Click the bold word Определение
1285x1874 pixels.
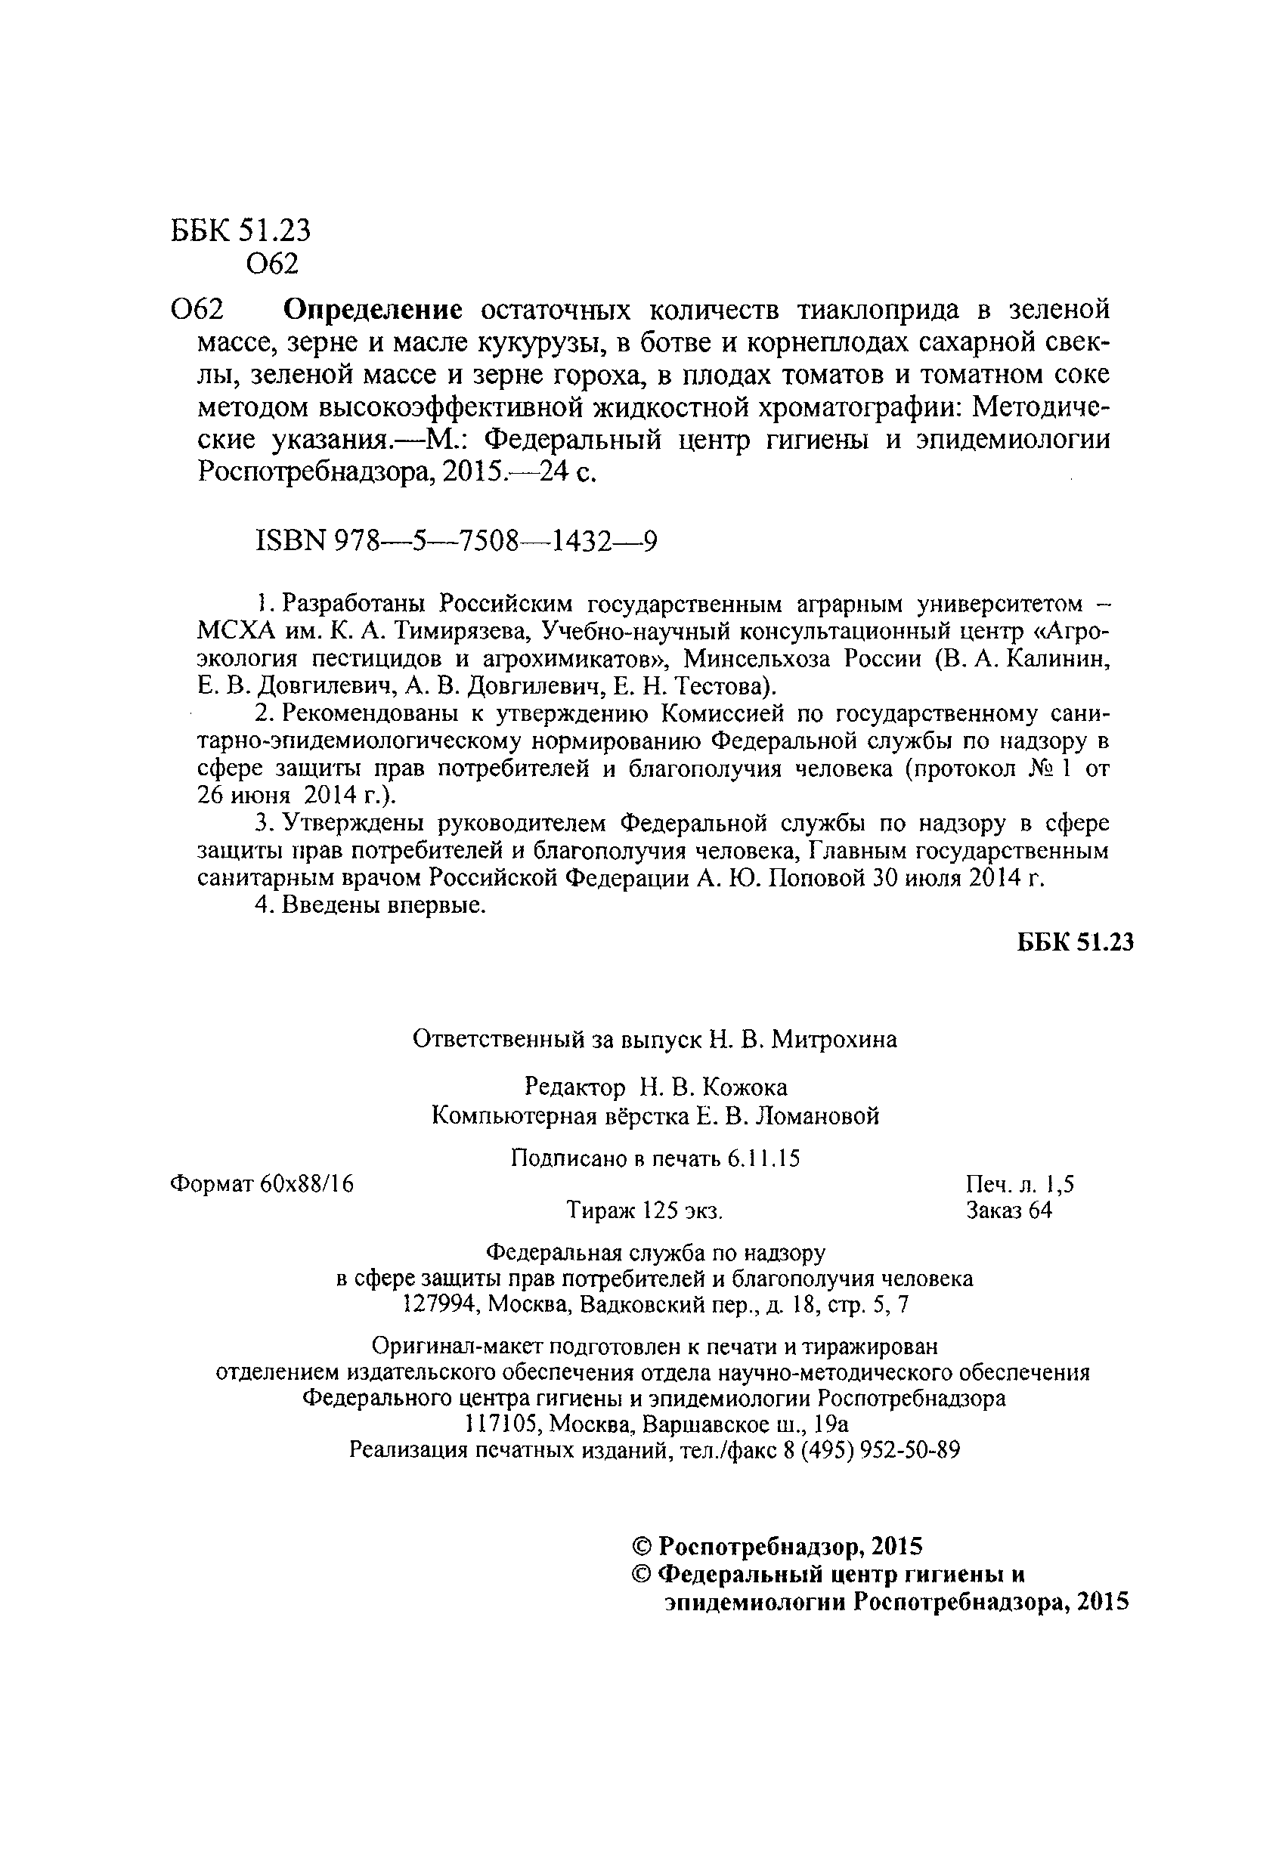pos(374,310)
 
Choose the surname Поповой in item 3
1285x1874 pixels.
pos(816,878)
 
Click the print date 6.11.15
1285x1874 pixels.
pos(763,1158)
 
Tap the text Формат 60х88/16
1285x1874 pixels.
pos(262,1184)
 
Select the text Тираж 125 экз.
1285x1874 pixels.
pos(645,1211)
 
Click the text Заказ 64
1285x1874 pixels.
pos(1008,1211)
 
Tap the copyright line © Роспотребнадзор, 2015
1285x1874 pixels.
pos(777,1546)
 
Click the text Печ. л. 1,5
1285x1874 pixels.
pos(1020,1184)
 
